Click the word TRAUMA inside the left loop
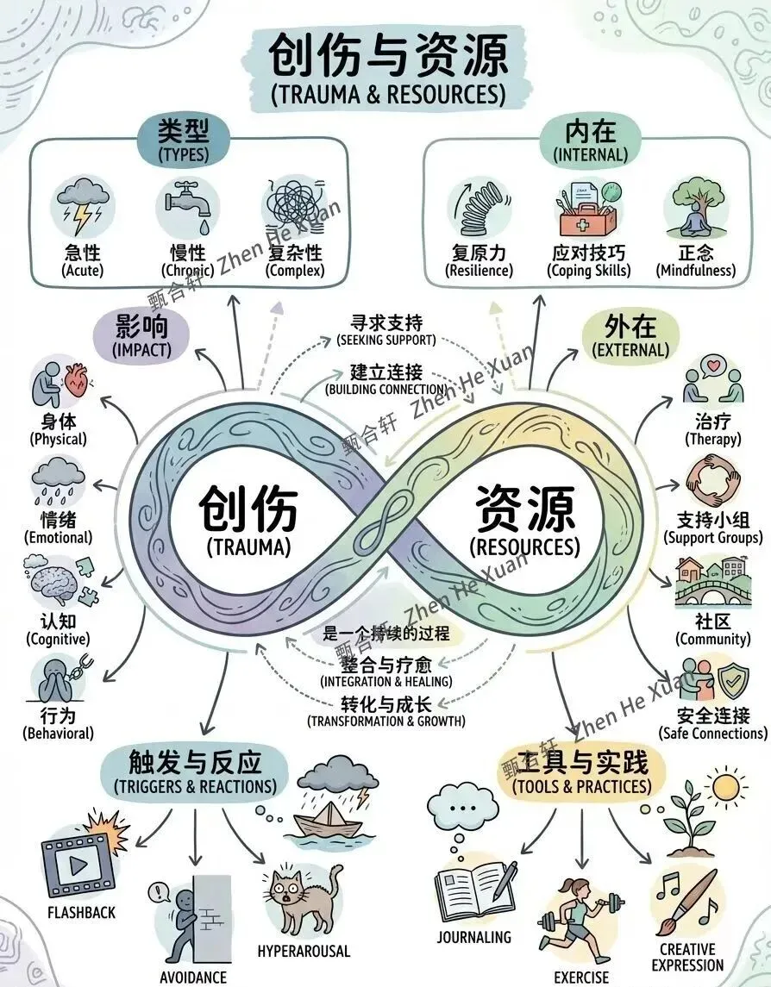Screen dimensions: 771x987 point(248,547)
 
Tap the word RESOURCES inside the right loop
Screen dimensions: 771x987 point(524,547)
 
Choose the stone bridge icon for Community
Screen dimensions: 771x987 point(711,595)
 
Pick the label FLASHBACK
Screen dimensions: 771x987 point(81,912)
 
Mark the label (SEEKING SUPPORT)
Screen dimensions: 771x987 point(385,340)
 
